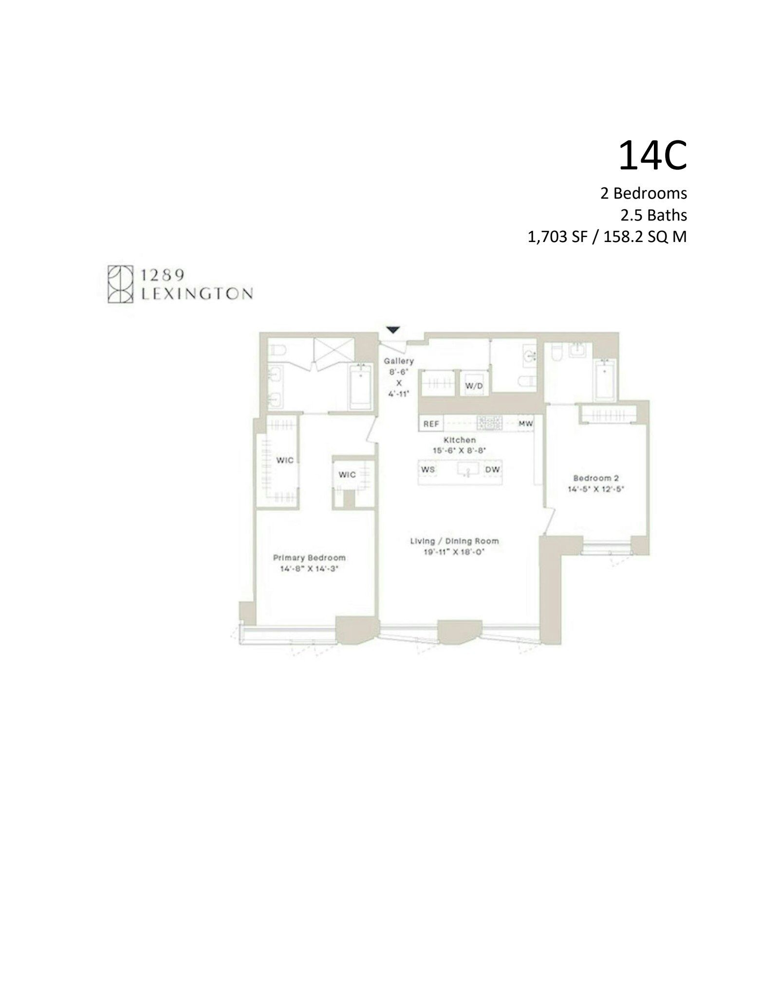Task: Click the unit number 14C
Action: (652, 156)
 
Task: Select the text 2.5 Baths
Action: (653, 215)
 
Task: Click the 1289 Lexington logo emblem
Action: (121, 284)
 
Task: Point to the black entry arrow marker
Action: (393, 330)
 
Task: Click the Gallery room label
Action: (399, 361)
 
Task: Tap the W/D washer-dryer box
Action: (474, 385)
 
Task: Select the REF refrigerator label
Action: (431, 424)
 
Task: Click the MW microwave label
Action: (525, 424)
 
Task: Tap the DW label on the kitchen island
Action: (492, 469)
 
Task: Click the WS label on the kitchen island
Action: (428, 469)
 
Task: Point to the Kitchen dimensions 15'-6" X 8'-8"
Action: (460, 451)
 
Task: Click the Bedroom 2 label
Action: (596, 478)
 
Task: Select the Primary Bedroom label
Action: (309, 558)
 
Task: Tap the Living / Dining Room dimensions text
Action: (455, 552)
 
